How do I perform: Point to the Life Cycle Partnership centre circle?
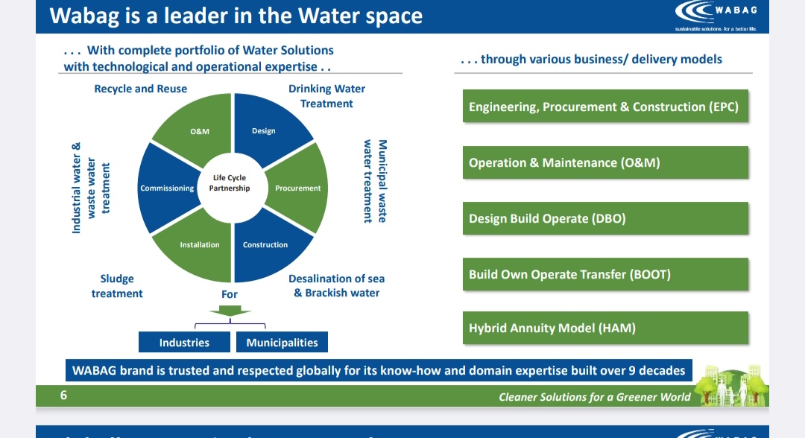tap(230, 183)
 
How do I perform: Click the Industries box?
tap(184, 343)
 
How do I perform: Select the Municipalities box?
tap(282, 343)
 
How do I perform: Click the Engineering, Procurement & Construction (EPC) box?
tap(604, 107)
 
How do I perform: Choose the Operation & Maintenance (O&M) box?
tap(604, 163)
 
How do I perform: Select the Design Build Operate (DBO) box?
tap(604, 219)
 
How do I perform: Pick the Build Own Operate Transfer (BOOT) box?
tap(604, 275)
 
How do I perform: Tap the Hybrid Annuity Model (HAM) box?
tap(604, 328)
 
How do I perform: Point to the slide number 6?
tap(64, 396)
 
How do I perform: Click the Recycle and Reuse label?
tap(141, 89)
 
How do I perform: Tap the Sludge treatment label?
tap(117, 286)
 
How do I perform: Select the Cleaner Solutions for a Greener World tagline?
tap(594, 397)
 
